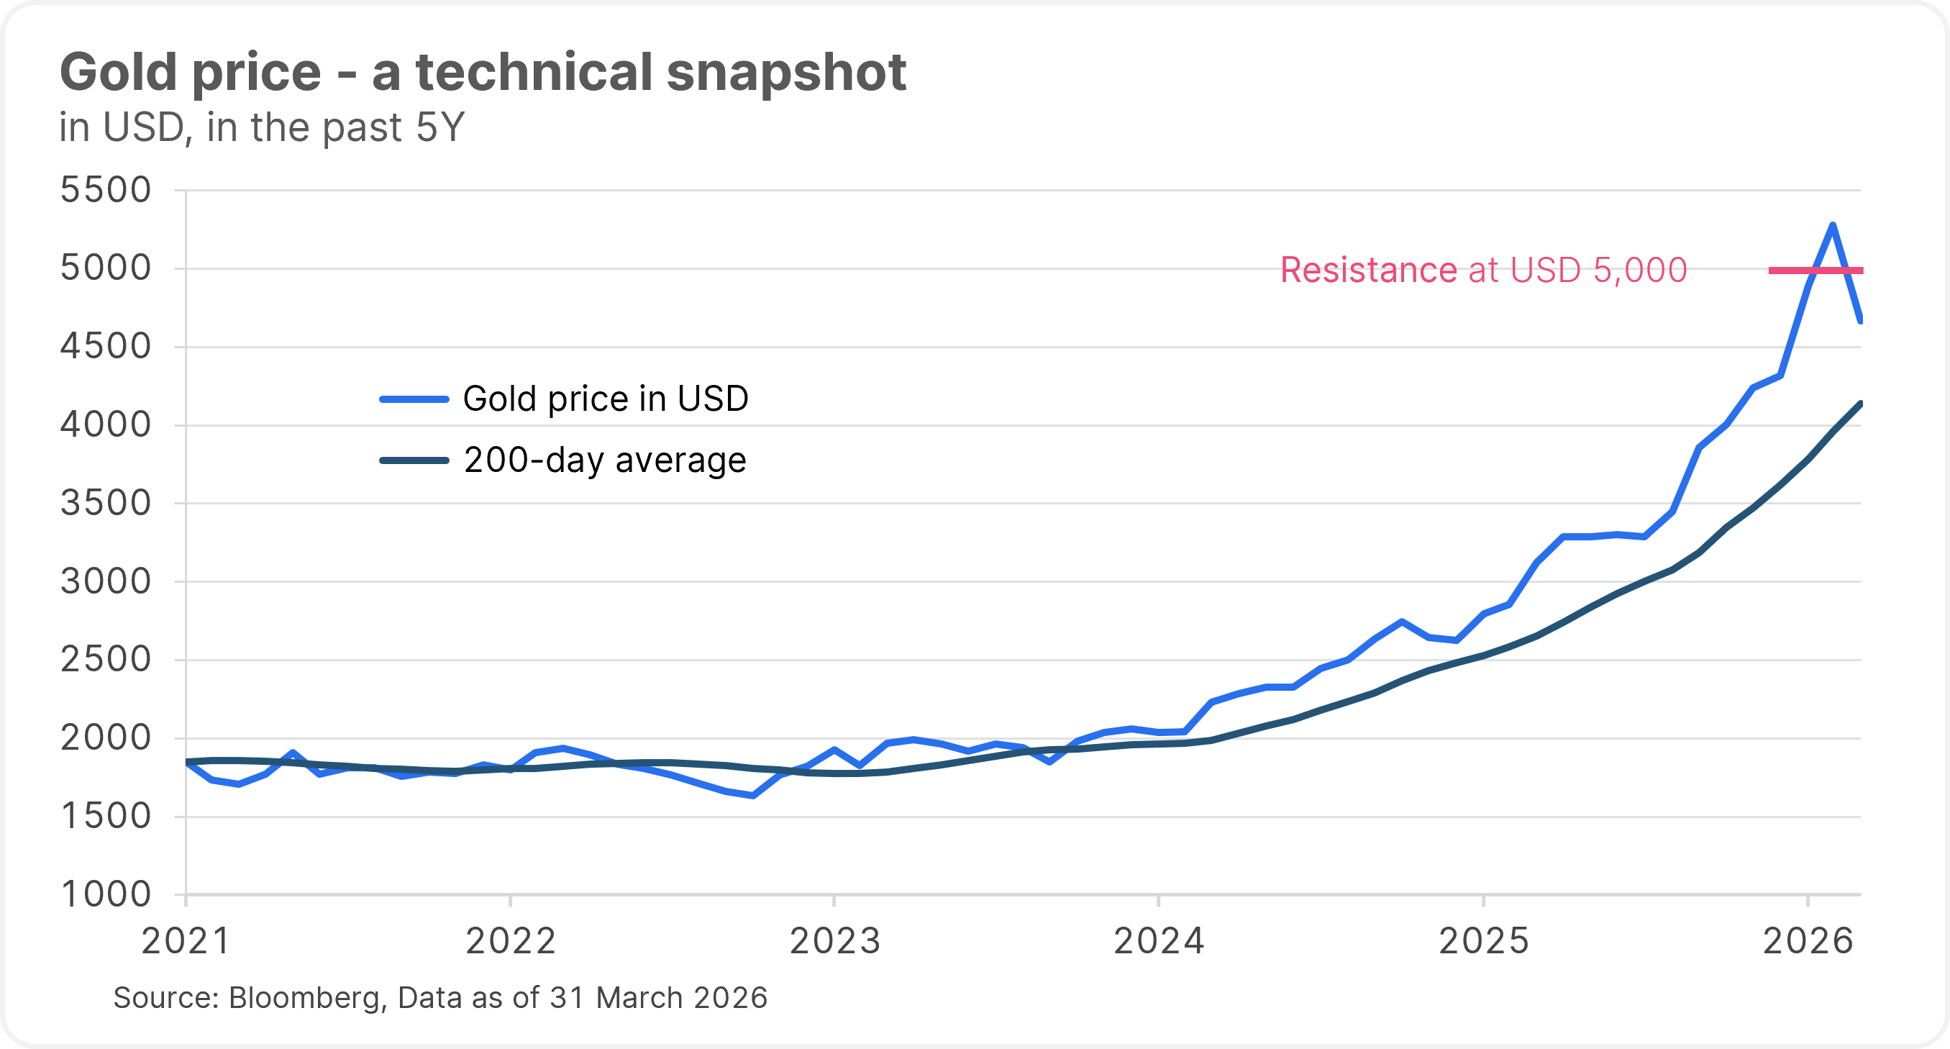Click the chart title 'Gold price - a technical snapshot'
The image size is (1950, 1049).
482,73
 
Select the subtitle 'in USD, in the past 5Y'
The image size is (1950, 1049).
261,127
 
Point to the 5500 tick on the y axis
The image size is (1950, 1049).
105,190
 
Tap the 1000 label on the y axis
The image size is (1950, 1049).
105,894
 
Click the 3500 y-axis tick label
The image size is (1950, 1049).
105,503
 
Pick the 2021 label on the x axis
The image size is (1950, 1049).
186,942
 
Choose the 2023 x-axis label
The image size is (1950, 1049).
835,942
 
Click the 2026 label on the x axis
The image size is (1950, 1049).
1808,942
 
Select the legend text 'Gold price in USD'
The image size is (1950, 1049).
606,399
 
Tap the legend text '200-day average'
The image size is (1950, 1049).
605,460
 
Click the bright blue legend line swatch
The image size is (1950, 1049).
414,399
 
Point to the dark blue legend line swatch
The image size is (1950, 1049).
414,460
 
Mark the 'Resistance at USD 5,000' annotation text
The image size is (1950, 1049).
1483,270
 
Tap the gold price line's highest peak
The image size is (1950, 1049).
1833,225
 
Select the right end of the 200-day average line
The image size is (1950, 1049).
1860,404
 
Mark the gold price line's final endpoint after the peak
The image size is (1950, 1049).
1860,320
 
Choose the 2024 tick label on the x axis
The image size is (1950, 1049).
1159,942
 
